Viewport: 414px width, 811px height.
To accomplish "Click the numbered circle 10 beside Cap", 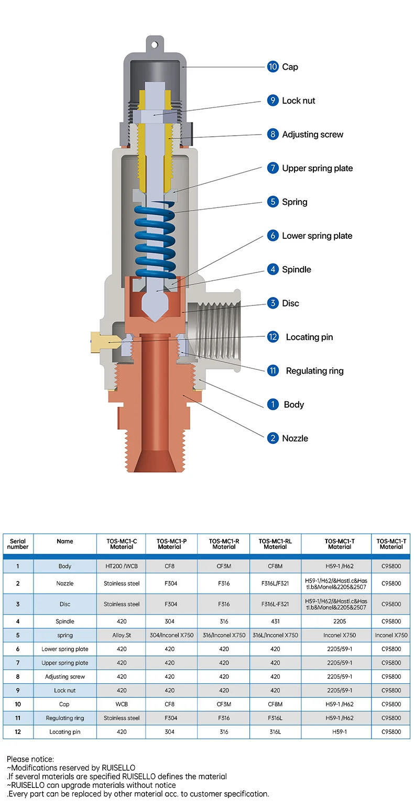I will [x=273, y=67].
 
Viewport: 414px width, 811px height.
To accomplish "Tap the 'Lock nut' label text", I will [x=298, y=101].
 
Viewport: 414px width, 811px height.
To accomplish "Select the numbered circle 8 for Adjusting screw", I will [x=273, y=135].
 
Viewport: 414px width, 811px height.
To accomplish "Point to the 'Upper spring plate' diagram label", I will [x=317, y=168].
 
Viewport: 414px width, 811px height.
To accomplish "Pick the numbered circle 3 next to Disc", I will [x=273, y=303].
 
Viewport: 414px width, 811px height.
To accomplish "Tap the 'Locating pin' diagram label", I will [x=309, y=337].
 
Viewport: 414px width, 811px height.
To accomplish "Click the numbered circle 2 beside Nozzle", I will [x=273, y=439].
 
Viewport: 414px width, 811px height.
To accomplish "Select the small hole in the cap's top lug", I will [x=154, y=45].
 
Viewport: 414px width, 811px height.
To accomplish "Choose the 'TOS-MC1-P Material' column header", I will [x=169, y=544].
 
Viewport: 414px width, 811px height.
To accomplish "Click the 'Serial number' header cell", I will [x=18, y=544].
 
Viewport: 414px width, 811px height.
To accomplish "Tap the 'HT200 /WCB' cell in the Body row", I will [x=122, y=566].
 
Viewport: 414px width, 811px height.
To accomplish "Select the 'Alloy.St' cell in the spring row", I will [x=122, y=635].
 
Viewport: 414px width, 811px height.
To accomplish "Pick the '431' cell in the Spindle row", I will [x=275, y=621].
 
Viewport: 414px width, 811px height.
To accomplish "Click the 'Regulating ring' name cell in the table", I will [x=65, y=718].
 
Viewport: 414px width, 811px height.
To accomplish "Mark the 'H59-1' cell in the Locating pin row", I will [x=340, y=732].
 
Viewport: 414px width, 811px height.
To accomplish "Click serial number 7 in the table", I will [x=18, y=663].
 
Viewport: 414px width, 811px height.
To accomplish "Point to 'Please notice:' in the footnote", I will [x=30, y=759].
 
